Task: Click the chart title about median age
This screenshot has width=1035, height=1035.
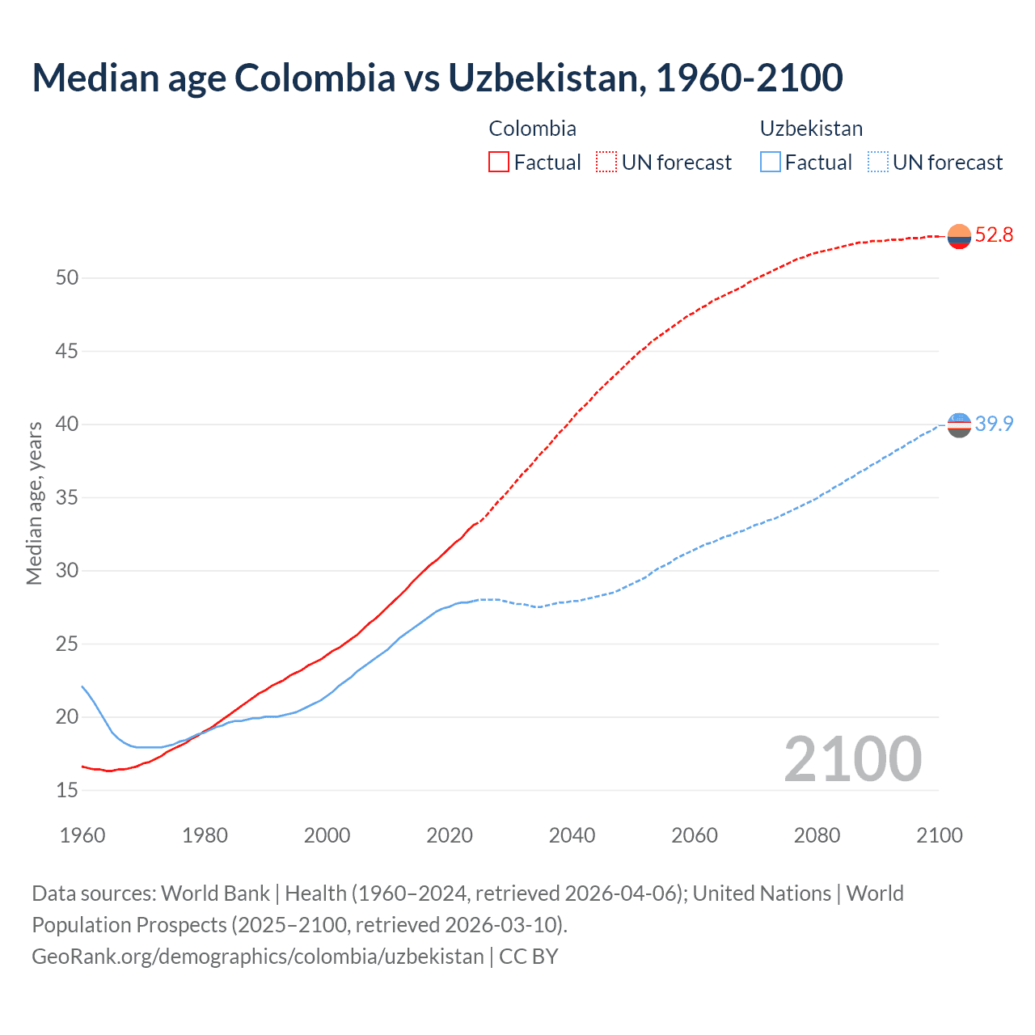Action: [x=437, y=78]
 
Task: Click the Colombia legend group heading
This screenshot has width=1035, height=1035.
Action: [x=532, y=129]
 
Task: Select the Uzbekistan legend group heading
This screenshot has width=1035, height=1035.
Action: [x=811, y=129]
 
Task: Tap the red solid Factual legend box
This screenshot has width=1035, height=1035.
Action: [x=499, y=162]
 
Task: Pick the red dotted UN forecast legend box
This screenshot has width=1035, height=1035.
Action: [x=606, y=162]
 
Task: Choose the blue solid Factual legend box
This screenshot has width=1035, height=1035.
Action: [x=771, y=162]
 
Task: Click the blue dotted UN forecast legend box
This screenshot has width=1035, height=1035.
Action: [x=877, y=162]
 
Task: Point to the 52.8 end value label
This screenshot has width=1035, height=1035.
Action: [x=994, y=235]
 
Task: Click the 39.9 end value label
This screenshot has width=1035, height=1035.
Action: [x=994, y=424]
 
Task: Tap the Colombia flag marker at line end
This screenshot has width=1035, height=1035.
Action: [x=959, y=236]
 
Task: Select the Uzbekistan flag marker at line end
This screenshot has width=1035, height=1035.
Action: [x=959, y=425]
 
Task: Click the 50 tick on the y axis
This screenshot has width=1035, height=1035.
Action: [x=67, y=278]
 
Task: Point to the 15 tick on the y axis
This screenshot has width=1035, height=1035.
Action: [x=67, y=791]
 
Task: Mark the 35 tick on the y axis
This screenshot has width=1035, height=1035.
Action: [x=67, y=498]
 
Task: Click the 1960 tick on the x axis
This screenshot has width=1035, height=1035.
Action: [x=82, y=835]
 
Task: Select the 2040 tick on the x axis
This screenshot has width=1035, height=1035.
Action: [x=572, y=835]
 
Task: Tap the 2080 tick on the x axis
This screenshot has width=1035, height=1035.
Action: [x=817, y=835]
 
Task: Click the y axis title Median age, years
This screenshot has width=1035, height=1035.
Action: [x=34, y=503]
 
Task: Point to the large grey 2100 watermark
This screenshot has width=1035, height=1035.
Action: [x=852, y=758]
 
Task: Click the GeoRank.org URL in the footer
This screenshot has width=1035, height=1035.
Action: [x=257, y=957]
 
